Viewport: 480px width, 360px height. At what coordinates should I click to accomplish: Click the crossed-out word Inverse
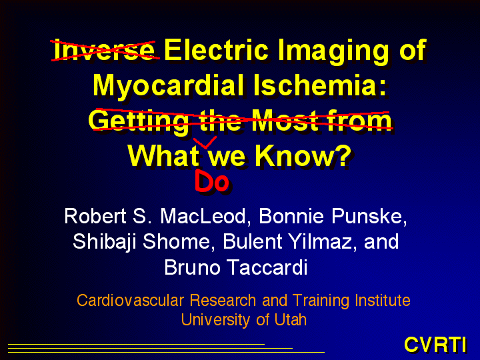pos(104,50)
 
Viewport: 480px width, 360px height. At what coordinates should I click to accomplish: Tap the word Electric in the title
pos(217,50)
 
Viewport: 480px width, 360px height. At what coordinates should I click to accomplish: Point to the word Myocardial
pos(169,86)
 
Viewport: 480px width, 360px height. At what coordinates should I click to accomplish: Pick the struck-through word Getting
pos(139,121)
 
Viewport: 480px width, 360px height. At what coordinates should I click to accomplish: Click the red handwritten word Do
pos(212,181)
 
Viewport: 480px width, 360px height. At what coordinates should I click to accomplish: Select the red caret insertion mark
pos(205,143)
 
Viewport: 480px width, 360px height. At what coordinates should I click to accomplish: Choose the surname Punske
pos(369,216)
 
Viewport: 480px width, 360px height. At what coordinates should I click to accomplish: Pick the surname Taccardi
pos(268,267)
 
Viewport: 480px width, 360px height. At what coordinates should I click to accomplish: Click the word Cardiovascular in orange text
pos(131,300)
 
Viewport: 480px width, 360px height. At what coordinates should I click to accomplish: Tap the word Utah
pos(290,319)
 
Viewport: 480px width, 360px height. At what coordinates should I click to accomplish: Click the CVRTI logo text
pos(435,345)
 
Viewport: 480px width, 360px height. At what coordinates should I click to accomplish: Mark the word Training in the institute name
pos(321,301)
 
